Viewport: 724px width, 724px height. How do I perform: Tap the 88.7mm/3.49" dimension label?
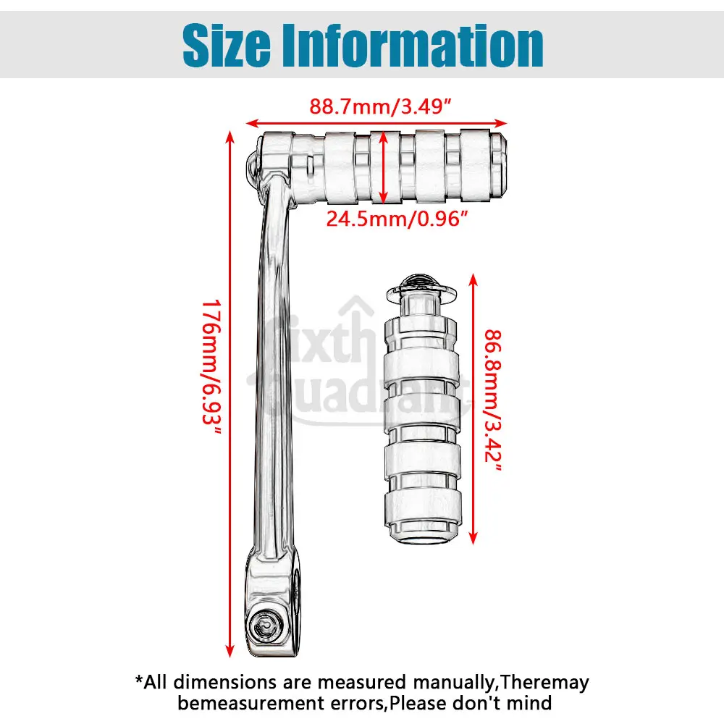(x=382, y=106)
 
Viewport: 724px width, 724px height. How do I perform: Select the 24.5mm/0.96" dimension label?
(x=393, y=218)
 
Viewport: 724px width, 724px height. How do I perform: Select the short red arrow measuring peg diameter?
(x=384, y=166)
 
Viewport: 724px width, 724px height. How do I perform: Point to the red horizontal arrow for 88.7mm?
(x=376, y=122)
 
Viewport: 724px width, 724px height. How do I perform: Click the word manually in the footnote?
(x=452, y=682)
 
